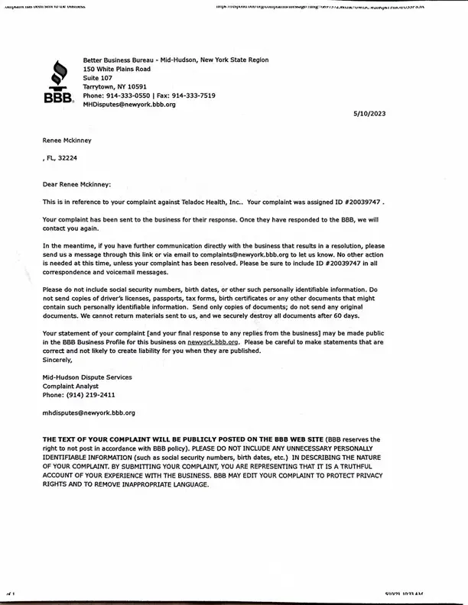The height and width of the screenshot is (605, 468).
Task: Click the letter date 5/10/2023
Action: coord(369,112)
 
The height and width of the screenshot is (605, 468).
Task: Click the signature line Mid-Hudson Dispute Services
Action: coord(87,377)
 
